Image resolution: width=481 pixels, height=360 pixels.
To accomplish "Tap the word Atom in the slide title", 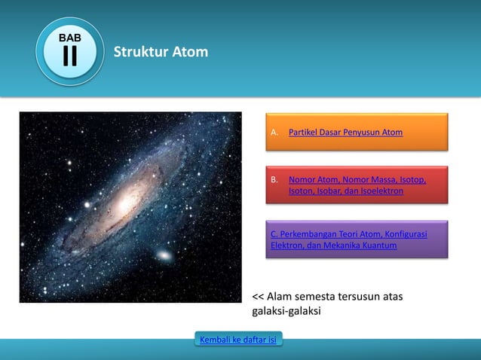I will [x=189, y=52].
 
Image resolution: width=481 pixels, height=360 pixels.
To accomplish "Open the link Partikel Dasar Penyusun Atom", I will [x=345, y=133].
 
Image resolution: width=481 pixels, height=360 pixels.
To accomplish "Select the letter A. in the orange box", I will [x=274, y=133].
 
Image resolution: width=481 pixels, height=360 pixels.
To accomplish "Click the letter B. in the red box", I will [x=274, y=180].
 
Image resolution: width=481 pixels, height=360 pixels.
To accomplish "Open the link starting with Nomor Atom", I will [x=357, y=180].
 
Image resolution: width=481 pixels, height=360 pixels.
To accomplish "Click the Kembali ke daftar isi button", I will [x=237, y=340].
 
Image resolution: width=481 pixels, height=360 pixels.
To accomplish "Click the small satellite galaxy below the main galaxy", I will [x=164, y=256].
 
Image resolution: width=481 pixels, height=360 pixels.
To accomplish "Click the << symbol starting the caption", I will [x=258, y=297].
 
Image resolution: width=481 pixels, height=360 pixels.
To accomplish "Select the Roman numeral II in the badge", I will [x=69, y=57].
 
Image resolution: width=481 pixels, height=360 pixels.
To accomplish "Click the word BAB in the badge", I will [x=69, y=38].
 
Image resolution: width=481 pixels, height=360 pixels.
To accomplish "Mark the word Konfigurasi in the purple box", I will [x=406, y=233].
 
